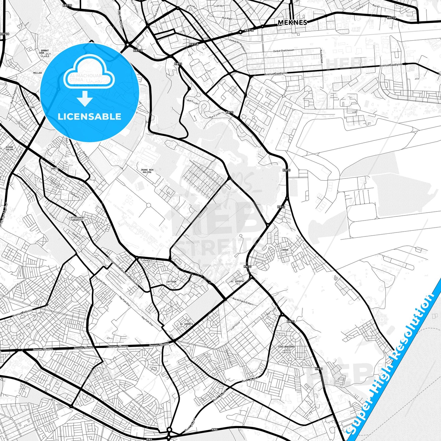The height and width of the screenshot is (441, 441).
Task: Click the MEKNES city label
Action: tap(292, 22)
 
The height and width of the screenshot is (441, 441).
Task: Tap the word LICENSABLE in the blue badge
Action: tap(89, 117)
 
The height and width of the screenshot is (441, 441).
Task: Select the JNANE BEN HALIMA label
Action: tap(147, 171)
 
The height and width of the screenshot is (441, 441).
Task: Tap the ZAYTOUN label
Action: tap(171, 282)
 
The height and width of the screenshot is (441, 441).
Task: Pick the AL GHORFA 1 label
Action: tap(237, 282)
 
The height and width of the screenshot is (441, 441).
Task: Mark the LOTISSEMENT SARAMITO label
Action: tap(77, 219)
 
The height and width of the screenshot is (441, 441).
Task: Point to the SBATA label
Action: tap(55, 168)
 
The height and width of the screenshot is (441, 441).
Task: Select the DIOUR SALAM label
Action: tap(9, 148)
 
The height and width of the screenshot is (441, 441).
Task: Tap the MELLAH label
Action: tap(37, 73)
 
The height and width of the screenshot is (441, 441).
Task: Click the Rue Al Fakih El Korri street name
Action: tap(243, 301)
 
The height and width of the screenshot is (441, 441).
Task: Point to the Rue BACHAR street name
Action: tap(321, 56)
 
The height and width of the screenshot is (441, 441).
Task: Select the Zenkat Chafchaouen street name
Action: tap(284, 51)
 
